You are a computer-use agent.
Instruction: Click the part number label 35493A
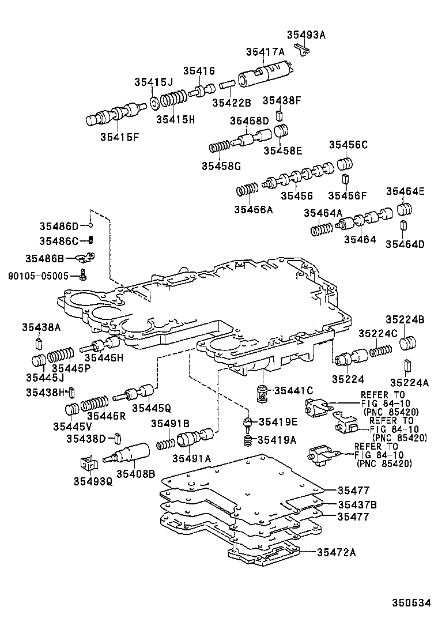tap(306, 35)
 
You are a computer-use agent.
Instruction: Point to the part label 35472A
tap(336, 552)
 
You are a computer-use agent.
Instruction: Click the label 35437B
tap(357, 504)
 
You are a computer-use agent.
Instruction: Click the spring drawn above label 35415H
tap(173, 101)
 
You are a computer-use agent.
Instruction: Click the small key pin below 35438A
tap(37, 345)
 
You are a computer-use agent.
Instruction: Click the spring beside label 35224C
tap(380, 349)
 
